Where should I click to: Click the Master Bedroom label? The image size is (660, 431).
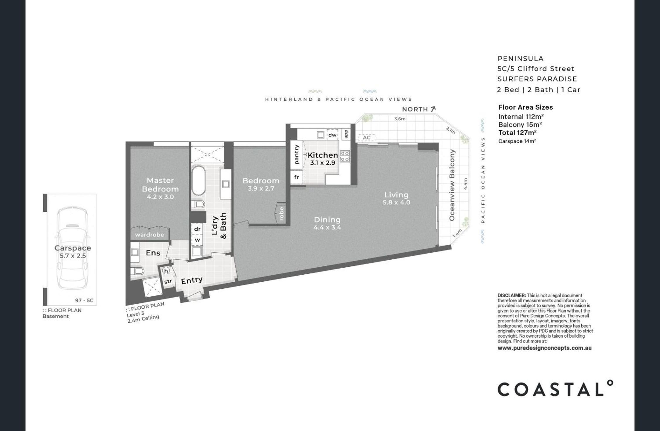coord(160,184)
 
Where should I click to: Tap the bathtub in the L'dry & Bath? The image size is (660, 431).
coord(198,181)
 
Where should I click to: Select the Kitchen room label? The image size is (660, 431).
coord(323,155)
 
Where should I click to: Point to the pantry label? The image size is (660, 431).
coord(297,154)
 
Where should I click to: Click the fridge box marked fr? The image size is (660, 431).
coord(296,177)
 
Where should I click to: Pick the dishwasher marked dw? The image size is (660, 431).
coord(332,135)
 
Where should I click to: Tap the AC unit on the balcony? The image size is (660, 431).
coord(366,138)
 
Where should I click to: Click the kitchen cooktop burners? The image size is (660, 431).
coord(345,156)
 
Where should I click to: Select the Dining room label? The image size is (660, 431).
coord(327,220)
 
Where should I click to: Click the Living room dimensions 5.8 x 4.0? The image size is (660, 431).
coord(396,202)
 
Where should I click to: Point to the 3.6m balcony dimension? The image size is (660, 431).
coord(400,119)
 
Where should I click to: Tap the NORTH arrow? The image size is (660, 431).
coord(433,109)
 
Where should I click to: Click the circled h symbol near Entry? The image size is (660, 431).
coord(166,271)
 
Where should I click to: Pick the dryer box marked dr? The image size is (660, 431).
coord(197,229)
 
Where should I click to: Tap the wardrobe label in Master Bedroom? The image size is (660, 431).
coord(149,235)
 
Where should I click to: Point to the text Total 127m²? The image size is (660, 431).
coord(517,132)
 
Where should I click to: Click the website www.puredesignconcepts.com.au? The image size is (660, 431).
coord(544,348)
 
